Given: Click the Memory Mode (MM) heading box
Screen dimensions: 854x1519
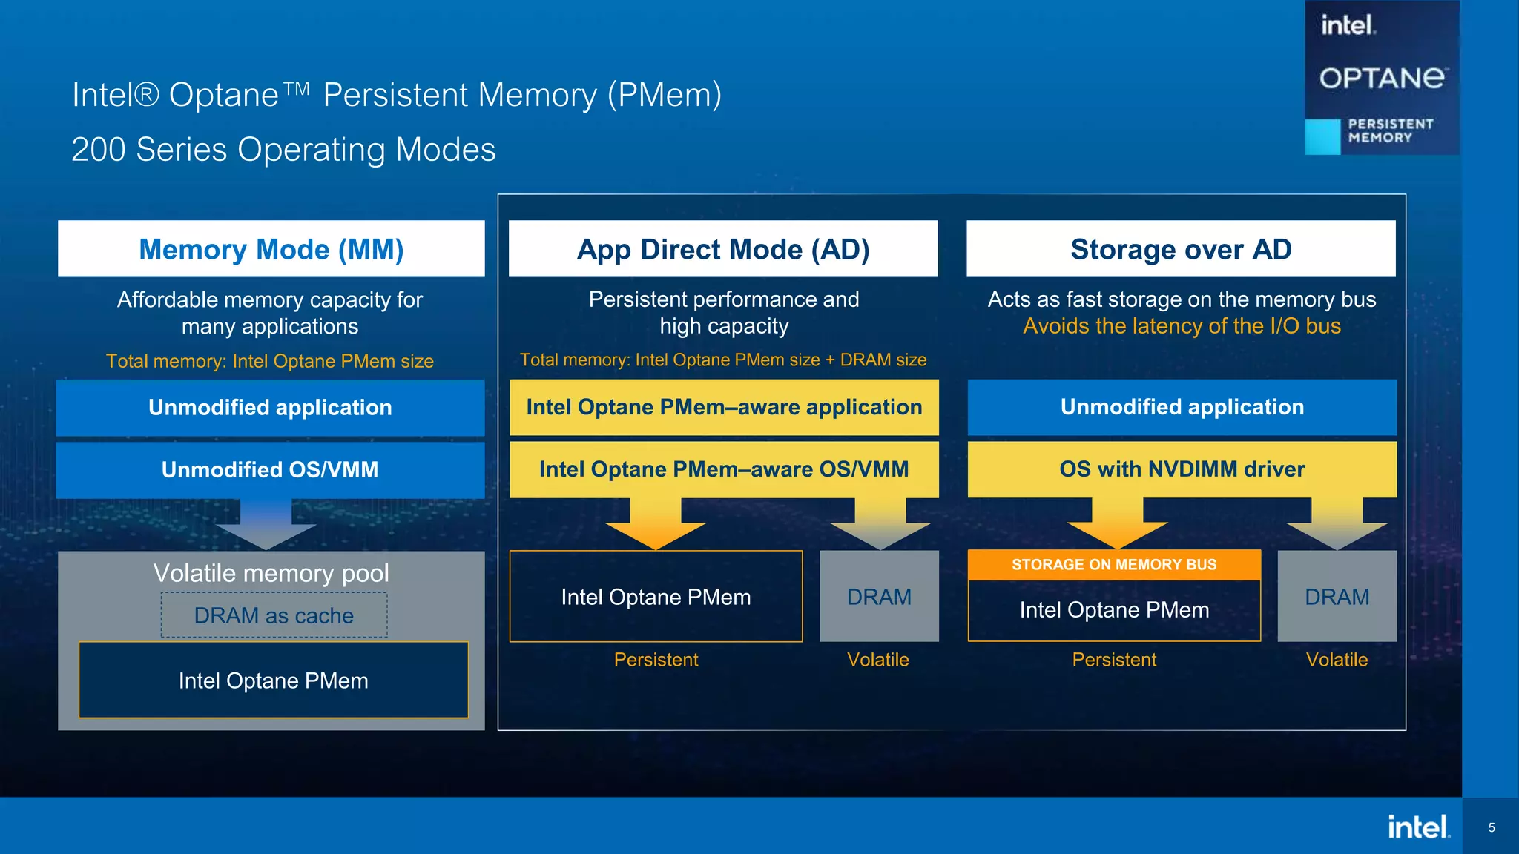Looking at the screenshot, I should (x=271, y=249).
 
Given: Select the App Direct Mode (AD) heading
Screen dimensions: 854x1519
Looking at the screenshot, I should (x=723, y=249).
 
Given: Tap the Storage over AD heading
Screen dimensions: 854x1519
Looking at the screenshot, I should (x=1181, y=249).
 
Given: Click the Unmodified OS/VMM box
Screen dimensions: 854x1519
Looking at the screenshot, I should (x=270, y=470).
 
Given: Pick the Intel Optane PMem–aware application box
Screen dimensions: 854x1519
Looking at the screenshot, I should (x=724, y=407).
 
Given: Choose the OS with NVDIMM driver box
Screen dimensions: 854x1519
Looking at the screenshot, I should (x=1182, y=469).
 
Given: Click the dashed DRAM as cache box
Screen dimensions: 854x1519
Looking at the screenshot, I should (x=274, y=615).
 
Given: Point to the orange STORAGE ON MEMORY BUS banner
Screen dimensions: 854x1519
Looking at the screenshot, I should (x=1114, y=565).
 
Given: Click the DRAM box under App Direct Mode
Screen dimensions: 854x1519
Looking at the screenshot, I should (x=879, y=597).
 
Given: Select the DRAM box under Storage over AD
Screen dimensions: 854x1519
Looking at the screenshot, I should (x=1337, y=597).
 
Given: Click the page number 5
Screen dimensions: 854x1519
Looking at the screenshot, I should (x=1492, y=827).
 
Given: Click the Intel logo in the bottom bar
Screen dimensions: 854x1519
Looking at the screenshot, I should (x=1418, y=827).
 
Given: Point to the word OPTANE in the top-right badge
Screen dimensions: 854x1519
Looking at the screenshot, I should (x=1382, y=78).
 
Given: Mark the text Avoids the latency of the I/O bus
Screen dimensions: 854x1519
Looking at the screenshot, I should (x=1182, y=326).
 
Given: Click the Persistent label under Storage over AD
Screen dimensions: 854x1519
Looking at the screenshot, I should (x=1114, y=660).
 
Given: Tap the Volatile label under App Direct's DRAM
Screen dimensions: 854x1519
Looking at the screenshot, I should (x=878, y=660).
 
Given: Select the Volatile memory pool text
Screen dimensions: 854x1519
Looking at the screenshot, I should (x=271, y=573).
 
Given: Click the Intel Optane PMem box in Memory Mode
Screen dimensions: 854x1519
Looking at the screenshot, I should (x=274, y=681).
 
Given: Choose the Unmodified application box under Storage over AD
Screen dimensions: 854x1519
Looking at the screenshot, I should (x=1182, y=407).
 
